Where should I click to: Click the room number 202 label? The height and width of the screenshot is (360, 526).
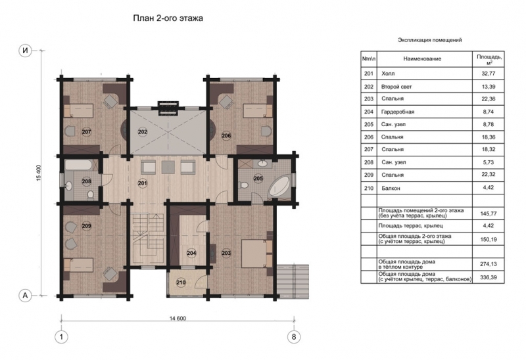click(x=143, y=132)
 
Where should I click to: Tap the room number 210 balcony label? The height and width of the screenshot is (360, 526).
click(x=181, y=282)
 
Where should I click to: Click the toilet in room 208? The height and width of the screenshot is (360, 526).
click(x=90, y=195)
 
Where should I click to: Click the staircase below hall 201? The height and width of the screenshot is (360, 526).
click(x=148, y=240)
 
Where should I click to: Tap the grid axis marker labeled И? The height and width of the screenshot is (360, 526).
click(x=25, y=51)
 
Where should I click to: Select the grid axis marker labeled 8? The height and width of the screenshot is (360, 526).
click(x=294, y=336)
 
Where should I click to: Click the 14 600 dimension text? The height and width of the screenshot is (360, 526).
click(x=178, y=319)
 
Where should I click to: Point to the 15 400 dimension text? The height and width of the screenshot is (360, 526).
click(x=38, y=173)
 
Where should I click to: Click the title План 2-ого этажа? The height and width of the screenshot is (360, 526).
click(x=168, y=18)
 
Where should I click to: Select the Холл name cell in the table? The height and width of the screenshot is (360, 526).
click(x=388, y=74)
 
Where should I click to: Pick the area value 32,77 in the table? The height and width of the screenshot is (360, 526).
click(x=489, y=74)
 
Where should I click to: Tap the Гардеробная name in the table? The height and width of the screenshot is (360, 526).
click(x=398, y=112)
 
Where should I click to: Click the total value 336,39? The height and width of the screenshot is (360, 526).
click(x=489, y=277)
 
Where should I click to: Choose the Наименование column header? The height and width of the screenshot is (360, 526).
click(x=422, y=58)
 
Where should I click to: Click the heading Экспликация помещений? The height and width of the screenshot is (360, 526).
click(x=430, y=40)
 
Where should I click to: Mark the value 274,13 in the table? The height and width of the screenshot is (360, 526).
click(x=489, y=264)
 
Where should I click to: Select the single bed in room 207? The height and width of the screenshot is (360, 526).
click(x=78, y=110)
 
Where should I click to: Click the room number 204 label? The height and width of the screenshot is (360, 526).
click(x=191, y=253)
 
